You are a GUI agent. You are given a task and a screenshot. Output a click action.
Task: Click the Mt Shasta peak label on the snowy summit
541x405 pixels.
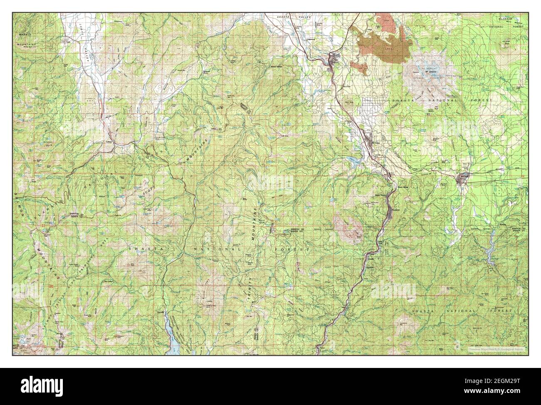[x=430, y=71]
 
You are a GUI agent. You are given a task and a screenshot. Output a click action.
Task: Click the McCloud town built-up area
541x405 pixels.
[x=463, y=178]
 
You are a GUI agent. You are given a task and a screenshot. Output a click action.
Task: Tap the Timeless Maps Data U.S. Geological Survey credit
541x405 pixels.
[x=496, y=349]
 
